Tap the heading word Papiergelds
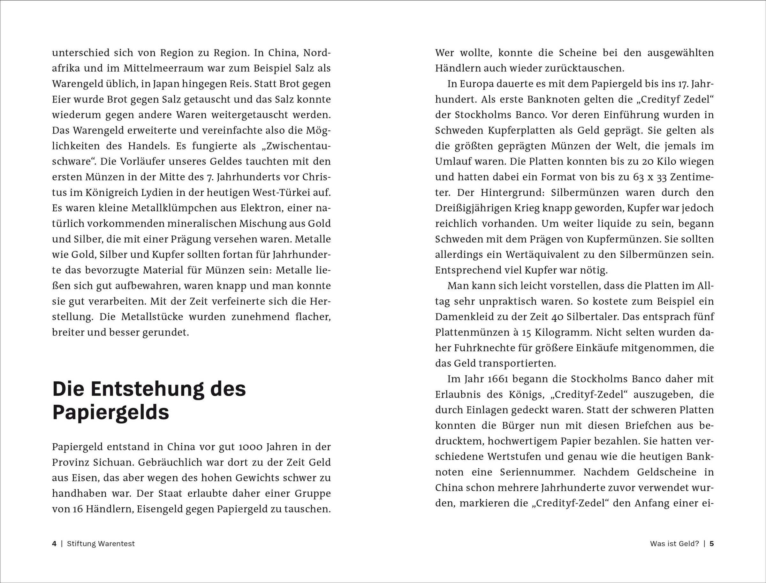pyautogui.click(x=110, y=413)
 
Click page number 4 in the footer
pyautogui.click(x=54, y=543)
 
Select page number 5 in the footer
pyautogui.click(x=712, y=543)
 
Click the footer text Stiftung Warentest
pyautogui.click(x=101, y=543)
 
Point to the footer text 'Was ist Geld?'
pyautogui.click(x=674, y=543)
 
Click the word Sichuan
pyautogui.click(x=109, y=462)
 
